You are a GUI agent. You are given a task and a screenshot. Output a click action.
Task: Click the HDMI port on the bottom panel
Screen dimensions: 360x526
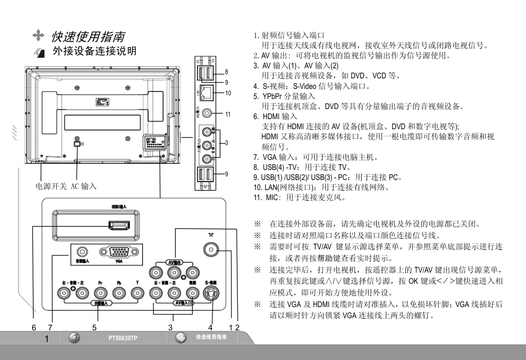pyautogui.click(x=117, y=226)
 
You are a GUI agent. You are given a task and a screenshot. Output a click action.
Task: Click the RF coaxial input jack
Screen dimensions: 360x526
pyautogui.click(x=212, y=249)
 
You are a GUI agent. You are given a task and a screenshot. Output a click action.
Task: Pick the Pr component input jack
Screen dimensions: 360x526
pyautogui.click(x=100, y=292)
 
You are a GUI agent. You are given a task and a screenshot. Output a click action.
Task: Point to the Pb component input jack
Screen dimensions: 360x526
pyautogui.click(x=119, y=292)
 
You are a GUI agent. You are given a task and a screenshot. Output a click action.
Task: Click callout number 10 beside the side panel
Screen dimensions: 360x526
pyautogui.click(x=229, y=93)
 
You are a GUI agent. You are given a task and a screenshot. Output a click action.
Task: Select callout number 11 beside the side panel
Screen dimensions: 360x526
pyautogui.click(x=229, y=114)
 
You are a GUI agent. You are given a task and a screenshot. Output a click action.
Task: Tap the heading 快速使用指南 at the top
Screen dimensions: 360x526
pyautogui.click(x=88, y=37)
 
